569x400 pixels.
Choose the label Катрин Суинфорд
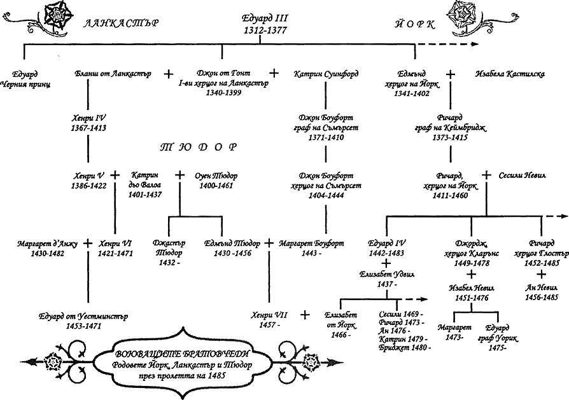click(x=326, y=74)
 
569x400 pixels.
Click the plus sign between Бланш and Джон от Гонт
click(x=169, y=74)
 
